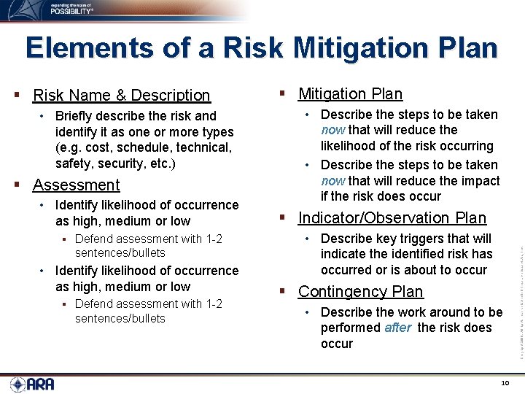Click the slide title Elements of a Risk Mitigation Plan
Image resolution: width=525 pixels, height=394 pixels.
262,48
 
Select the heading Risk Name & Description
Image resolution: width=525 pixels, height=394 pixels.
121,95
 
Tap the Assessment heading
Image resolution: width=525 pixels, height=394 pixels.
76,185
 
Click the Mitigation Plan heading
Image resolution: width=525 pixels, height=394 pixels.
350,93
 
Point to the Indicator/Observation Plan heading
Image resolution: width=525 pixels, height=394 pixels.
392,217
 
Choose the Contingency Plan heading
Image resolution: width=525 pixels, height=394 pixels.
360,291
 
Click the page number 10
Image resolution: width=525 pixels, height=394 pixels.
505,384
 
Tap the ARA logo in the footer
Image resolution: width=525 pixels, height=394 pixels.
32,384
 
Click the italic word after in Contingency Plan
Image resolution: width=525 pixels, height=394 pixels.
397,328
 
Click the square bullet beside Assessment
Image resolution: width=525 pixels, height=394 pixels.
18,185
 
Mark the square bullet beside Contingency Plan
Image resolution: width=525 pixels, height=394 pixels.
284,292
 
